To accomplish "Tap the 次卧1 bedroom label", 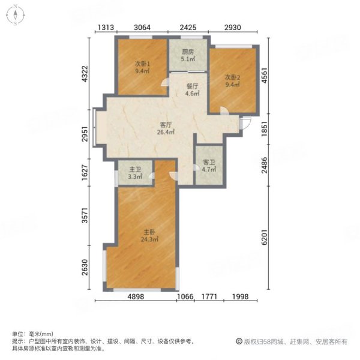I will (142, 63).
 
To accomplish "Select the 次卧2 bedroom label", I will (233, 77).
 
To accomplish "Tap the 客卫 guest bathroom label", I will (209, 162).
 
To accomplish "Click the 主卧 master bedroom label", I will (150, 232).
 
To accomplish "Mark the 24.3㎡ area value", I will (150, 239).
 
